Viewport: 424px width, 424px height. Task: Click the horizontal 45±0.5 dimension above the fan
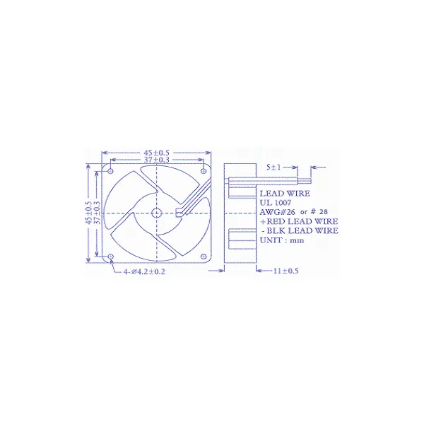tap(156, 152)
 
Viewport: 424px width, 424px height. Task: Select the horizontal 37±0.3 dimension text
tap(156, 160)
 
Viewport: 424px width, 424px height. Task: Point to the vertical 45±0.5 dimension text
tap(88, 213)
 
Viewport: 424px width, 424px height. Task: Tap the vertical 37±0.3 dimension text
tap(97, 213)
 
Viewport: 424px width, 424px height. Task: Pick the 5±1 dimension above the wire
tap(276, 167)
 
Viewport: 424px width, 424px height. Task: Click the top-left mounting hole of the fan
tap(110, 170)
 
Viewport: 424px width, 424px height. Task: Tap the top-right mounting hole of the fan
tap(204, 170)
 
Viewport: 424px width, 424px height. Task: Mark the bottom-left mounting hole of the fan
tap(110, 257)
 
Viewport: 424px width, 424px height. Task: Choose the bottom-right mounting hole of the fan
tap(204, 257)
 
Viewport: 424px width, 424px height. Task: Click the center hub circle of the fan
tap(156, 213)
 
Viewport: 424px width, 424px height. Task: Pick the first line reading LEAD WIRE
tap(284, 193)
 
